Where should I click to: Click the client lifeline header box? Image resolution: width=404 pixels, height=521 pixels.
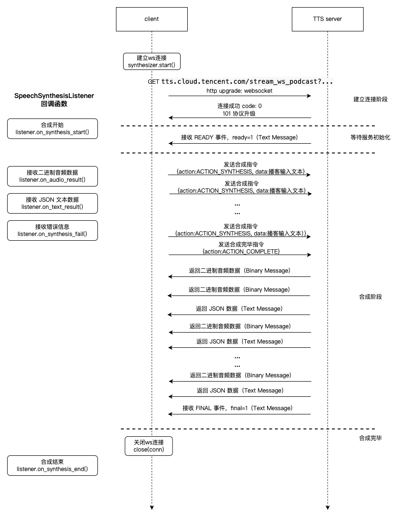[152, 19]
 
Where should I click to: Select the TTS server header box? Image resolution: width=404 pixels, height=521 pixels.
[328, 19]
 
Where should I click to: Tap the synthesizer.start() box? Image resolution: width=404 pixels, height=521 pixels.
[152, 61]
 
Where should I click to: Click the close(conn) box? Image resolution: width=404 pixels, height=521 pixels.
[149, 446]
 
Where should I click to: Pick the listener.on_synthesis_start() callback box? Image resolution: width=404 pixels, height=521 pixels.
[52, 128]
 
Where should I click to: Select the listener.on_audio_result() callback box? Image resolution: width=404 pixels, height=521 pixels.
[52, 176]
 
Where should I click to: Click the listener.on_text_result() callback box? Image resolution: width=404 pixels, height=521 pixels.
[52, 203]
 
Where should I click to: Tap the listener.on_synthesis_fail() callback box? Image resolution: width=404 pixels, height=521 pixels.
[52, 230]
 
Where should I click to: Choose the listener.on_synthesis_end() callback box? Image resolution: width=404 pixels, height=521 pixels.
[52, 465]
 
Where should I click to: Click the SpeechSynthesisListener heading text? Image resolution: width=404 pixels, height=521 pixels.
[54, 96]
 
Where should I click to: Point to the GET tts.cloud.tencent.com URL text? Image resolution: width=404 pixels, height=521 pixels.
[240, 81]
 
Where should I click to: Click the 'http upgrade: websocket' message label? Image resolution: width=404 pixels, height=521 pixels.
[239, 90]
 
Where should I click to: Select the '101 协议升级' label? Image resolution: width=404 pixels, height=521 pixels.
[240, 113]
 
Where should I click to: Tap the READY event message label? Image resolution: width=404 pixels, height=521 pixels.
[239, 138]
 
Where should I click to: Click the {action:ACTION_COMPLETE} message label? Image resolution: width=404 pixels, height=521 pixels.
[241, 251]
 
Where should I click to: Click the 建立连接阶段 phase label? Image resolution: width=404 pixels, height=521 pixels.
[370, 99]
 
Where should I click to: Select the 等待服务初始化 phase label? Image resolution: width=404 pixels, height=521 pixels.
[370, 137]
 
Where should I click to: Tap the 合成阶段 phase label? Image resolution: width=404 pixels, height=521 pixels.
[370, 297]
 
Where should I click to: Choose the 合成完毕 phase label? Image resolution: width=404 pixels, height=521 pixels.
[370, 438]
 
